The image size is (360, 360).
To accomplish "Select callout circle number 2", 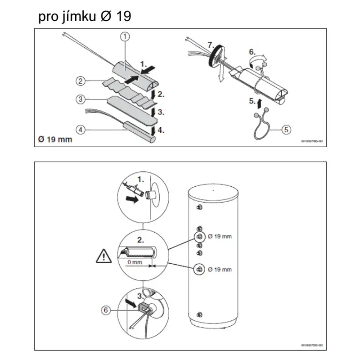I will click(x=80, y=81).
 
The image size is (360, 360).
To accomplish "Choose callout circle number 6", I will click(x=105, y=310).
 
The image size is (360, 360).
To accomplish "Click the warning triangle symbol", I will click(x=104, y=257).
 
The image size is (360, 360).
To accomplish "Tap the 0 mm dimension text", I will click(x=135, y=261).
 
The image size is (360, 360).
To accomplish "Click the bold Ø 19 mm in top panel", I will click(x=54, y=139).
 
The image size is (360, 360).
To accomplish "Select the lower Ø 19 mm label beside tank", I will click(x=220, y=269).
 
